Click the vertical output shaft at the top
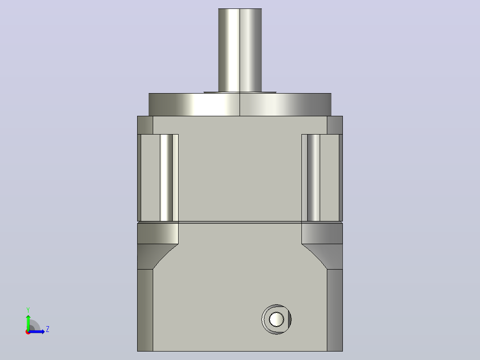[x=240, y=50]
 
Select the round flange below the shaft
[x=240, y=104]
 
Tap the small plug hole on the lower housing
[x=277, y=319]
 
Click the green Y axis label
[x=28, y=310]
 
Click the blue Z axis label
[x=48, y=329]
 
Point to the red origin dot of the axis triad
[x=28, y=332]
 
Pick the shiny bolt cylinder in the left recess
[x=166, y=178]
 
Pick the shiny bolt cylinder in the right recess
[x=313, y=178]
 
